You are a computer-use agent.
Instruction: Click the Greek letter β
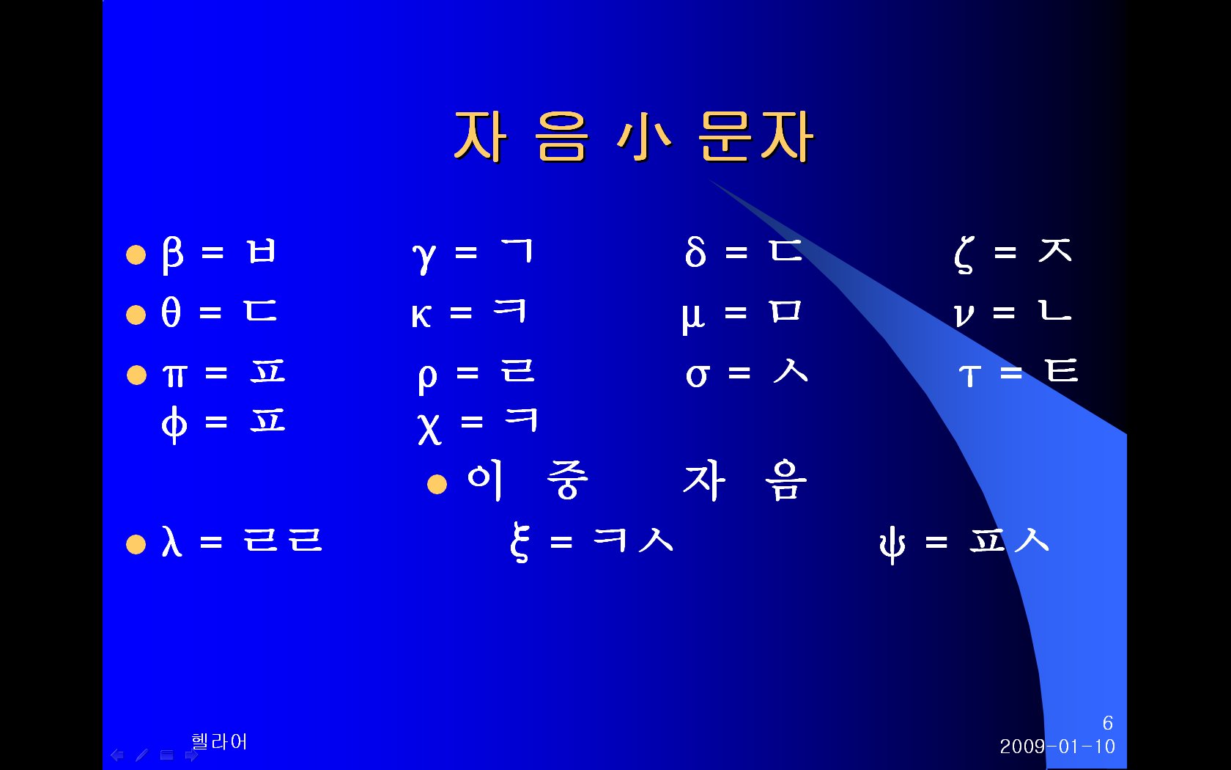172,254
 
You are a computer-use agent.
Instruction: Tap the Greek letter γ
424,257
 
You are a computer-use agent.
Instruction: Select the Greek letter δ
695,252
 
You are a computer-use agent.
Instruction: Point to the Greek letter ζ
964,254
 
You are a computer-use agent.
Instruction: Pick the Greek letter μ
693,318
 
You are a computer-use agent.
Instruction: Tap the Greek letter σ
698,375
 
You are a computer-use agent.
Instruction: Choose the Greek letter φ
174,424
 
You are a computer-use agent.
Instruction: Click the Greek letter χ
429,428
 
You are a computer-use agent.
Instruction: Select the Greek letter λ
171,541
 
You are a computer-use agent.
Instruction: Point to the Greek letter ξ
520,542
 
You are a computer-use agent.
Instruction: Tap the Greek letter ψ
892,544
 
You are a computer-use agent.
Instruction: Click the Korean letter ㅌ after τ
1062,370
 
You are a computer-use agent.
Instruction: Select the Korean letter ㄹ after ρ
517,370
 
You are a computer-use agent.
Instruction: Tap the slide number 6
1108,723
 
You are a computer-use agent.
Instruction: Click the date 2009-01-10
1057,747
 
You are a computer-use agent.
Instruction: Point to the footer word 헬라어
219,741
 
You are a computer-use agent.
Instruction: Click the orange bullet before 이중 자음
437,484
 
